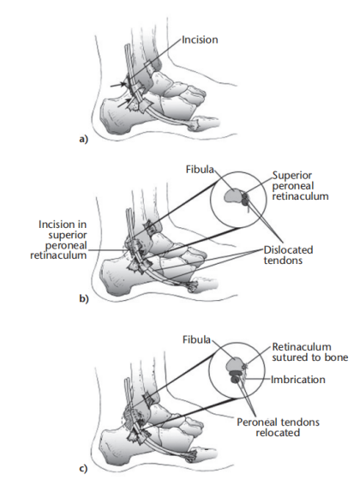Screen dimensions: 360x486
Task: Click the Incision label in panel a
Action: point(200,39)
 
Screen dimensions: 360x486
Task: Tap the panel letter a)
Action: point(83,140)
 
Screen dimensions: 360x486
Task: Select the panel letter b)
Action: point(84,299)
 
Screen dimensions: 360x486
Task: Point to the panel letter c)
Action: point(83,469)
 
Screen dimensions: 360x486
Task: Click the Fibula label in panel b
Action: point(200,170)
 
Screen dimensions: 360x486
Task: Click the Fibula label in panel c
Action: point(196,339)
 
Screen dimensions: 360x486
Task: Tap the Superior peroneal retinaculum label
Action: point(300,186)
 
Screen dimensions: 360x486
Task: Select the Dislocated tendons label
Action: point(288,255)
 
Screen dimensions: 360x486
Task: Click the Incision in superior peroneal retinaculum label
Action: point(58,240)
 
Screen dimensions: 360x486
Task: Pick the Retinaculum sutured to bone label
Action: point(309,351)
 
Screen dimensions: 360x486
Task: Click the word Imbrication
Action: point(298,380)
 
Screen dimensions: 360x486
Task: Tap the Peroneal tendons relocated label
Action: point(278,427)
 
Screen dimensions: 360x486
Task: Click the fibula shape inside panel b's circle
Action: point(232,196)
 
